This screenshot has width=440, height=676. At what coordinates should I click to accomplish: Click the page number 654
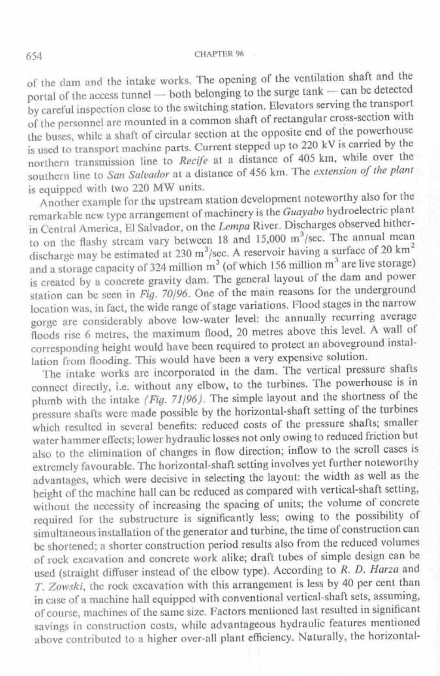[34, 56]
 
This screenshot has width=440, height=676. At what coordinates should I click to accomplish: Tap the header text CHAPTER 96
[219, 53]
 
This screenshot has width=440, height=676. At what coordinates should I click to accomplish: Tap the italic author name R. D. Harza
[366, 569]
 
